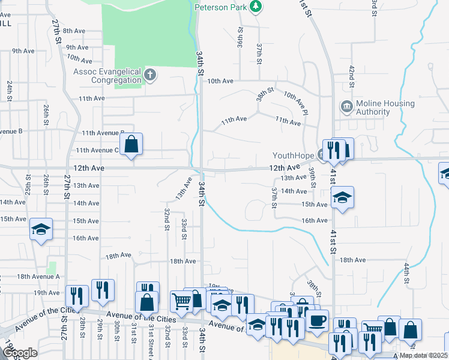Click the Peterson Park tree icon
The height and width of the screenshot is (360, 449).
coord(256,7)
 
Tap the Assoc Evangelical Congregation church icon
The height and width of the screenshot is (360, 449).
coord(150,75)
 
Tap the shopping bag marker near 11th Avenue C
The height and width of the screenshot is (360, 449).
coord(131,145)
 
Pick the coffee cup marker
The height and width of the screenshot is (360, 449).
coord(316,320)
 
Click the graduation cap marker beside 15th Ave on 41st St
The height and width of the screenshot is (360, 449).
coord(342,197)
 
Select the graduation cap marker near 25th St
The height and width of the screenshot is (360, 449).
coord(41,230)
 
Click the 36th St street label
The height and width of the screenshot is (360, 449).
coord(240,37)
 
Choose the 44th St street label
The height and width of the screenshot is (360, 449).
coord(406,272)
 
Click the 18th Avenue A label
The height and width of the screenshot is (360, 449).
coord(38,277)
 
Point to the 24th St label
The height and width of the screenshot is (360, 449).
coord(10,91)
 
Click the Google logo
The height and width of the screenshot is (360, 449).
coord(20,353)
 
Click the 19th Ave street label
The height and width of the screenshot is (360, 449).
coord(47,293)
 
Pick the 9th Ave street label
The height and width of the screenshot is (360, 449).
coord(77,47)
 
